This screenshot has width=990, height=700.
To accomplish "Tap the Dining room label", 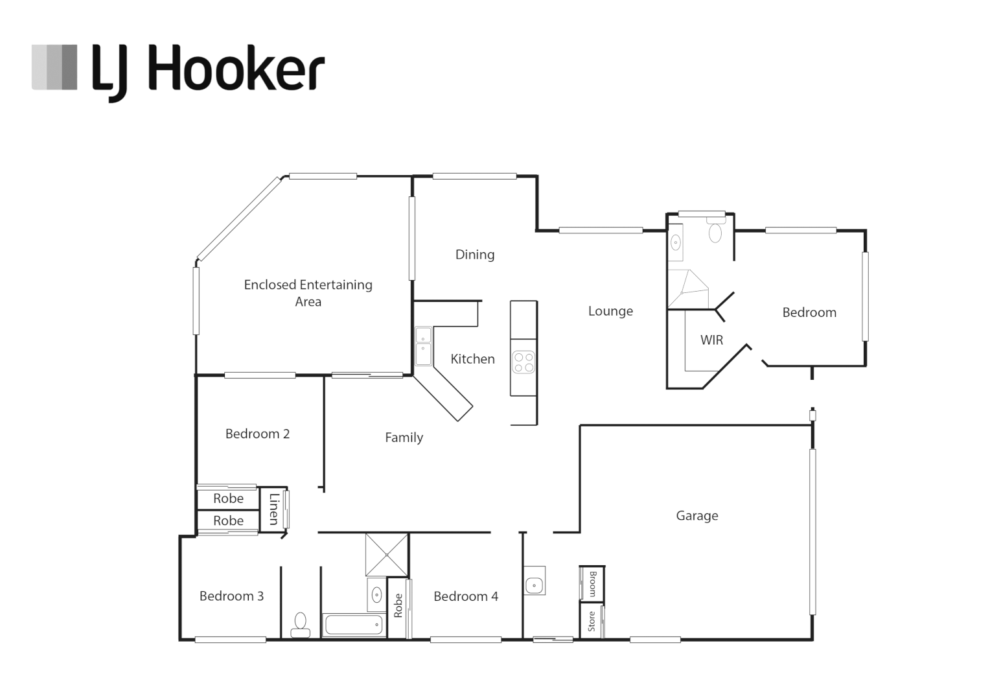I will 474,255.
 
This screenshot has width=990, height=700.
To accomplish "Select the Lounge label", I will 610,311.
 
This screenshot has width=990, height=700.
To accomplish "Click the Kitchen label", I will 472,359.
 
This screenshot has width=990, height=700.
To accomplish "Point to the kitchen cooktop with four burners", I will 524,362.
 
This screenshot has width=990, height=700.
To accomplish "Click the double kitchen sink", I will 423,346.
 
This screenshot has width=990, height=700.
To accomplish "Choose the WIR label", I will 711,340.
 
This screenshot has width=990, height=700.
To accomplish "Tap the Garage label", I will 696,516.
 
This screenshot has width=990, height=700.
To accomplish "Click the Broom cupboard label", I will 592,583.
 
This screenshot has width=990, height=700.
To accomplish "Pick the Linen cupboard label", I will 273,509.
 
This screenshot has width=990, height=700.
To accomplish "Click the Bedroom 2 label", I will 257,434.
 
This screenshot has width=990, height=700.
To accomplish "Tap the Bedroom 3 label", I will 231,596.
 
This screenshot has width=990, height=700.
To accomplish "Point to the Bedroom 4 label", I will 465,596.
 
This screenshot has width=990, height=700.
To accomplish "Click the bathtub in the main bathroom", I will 353,625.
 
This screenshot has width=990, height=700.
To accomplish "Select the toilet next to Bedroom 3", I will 300,624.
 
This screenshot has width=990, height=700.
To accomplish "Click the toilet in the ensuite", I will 715,231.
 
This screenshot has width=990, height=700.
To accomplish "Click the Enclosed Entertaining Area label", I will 308,293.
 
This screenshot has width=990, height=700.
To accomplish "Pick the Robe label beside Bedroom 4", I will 398,606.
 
